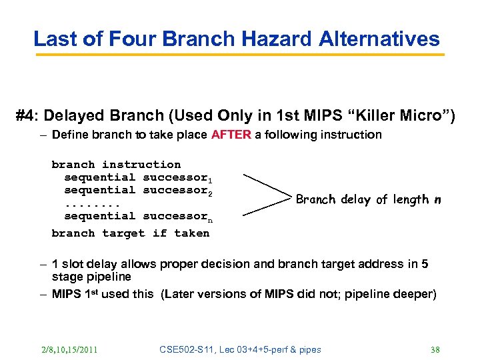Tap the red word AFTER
pos(231,135)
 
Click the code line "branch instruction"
pos(116,164)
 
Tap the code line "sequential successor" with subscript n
pos(137,216)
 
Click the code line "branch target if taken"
pos(131,233)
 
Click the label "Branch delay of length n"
pos(369,199)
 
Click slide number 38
pos(436,349)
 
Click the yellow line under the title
pos(240,55)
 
